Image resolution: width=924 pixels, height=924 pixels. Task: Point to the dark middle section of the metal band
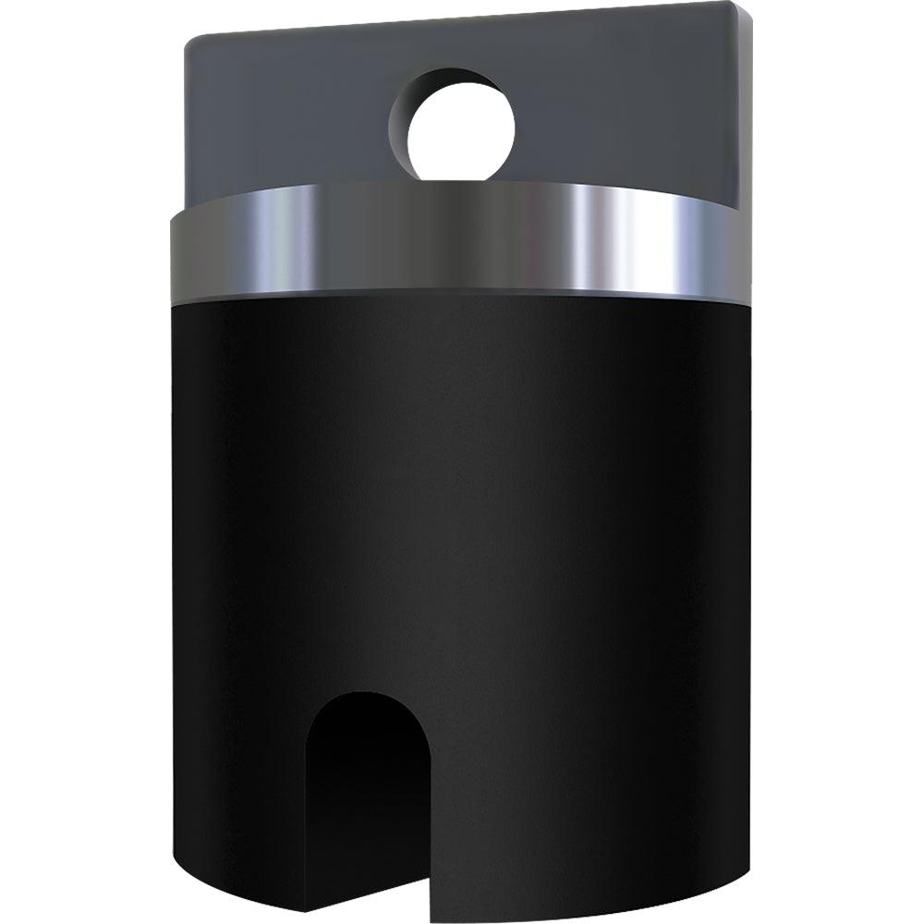462,240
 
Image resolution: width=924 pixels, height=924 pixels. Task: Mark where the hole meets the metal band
460,182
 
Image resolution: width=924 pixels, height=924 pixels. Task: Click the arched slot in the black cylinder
368,795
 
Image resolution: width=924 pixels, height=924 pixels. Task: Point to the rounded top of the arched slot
368,695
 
